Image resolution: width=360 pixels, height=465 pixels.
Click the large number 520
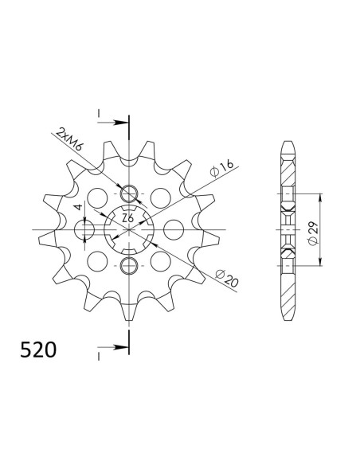click(x=38, y=350)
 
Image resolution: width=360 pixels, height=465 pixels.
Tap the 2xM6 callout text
click(x=69, y=139)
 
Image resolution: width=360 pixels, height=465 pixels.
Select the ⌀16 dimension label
click(x=221, y=168)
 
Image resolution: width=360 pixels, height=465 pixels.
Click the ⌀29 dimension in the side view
click(x=313, y=233)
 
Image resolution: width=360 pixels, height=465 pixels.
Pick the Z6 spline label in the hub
click(x=128, y=218)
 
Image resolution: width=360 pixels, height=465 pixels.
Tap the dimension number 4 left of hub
click(x=78, y=207)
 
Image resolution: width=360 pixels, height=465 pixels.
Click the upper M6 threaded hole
click(x=129, y=194)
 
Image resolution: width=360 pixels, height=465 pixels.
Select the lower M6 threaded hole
click(x=129, y=266)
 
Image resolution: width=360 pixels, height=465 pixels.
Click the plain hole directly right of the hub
click(x=174, y=229)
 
